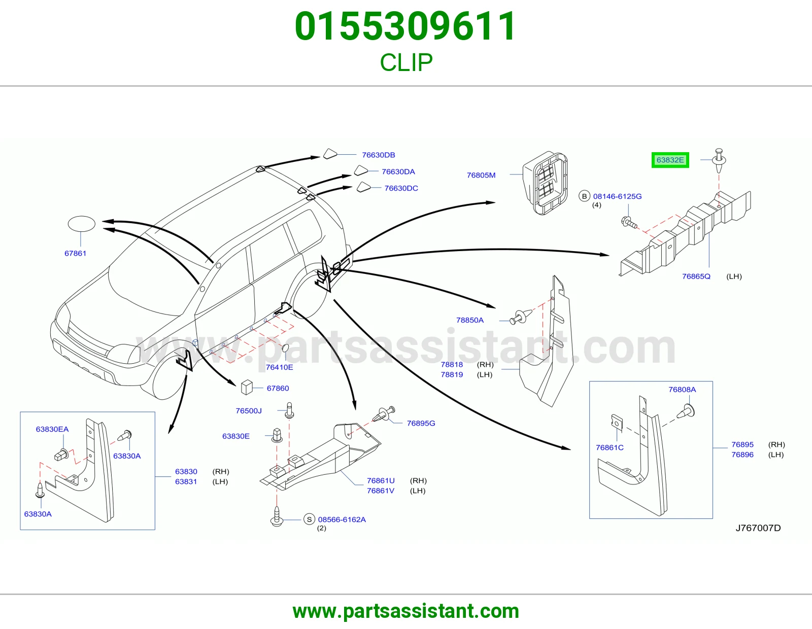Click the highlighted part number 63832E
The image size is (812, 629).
(x=670, y=160)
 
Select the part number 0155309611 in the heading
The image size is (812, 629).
(x=406, y=26)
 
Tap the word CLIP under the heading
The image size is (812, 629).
(x=406, y=62)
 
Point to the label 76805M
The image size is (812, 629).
(x=481, y=175)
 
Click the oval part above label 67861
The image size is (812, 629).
(x=82, y=224)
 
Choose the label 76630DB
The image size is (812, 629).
(x=378, y=155)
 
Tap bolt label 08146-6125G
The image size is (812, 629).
(x=617, y=196)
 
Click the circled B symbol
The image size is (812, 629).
(x=584, y=196)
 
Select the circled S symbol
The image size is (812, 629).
(x=309, y=519)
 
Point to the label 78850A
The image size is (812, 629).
(x=470, y=320)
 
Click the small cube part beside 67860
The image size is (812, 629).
(x=247, y=388)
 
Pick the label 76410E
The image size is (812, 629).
(x=279, y=367)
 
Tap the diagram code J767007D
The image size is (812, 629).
(x=758, y=528)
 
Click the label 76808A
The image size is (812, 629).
(x=682, y=390)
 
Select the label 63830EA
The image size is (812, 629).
(x=52, y=429)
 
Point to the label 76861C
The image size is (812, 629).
(x=610, y=447)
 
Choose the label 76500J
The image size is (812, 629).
(x=249, y=411)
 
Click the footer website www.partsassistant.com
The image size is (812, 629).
(x=406, y=611)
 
